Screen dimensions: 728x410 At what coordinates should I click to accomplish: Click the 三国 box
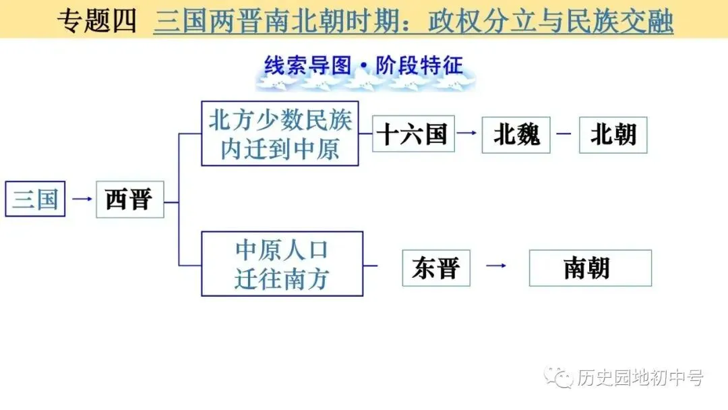[x=35, y=199]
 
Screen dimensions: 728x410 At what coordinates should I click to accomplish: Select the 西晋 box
[x=129, y=199]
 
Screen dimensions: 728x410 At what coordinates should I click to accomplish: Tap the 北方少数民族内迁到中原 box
[x=280, y=134]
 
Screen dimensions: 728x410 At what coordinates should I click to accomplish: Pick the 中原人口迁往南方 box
[x=282, y=264]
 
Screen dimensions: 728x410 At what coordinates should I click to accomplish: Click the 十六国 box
[x=413, y=134]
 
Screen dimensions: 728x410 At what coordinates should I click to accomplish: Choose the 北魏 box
[x=516, y=135]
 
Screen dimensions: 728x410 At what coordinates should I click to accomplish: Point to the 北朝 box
[x=613, y=135]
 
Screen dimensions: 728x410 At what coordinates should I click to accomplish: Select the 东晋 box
[x=435, y=268]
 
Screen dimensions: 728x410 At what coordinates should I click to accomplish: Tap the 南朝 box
[x=590, y=268]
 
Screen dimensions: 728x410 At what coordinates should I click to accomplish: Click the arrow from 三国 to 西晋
[x=82, y=199]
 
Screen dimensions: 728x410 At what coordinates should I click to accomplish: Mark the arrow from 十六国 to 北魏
[x=466, y=133]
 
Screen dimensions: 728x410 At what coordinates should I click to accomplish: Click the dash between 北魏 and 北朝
[x=564, y=133]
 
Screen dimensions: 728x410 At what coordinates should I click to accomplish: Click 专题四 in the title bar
[x=96, y=22]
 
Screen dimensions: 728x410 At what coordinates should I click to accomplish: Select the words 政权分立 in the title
[x=479, y=22]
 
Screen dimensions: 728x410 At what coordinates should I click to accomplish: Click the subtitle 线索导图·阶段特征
[x=364, y=67]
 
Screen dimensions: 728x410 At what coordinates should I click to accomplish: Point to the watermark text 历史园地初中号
[x=640, y=378]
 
